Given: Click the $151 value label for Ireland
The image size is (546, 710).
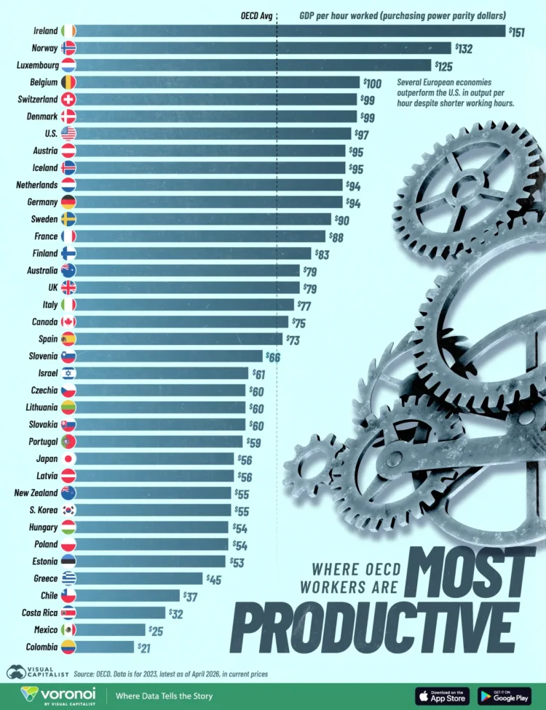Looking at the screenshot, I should tap(516, 31).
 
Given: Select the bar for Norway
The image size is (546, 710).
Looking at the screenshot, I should tap(262, 48).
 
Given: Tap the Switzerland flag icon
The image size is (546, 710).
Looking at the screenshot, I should tap(68, 99).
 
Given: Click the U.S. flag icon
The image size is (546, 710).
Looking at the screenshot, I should tap(68, 133).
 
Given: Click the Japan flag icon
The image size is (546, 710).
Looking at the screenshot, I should tap(68, 459).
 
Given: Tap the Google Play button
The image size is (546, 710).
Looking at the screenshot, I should tap(505, 695).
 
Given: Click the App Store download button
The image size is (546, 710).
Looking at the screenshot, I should tap(442, 695).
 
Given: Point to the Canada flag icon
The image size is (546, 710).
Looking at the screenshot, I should tap(68, 322).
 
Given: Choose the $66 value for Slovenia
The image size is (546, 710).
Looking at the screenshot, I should tap(272, 356).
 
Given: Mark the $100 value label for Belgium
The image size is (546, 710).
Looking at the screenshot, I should tap(373, 82).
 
